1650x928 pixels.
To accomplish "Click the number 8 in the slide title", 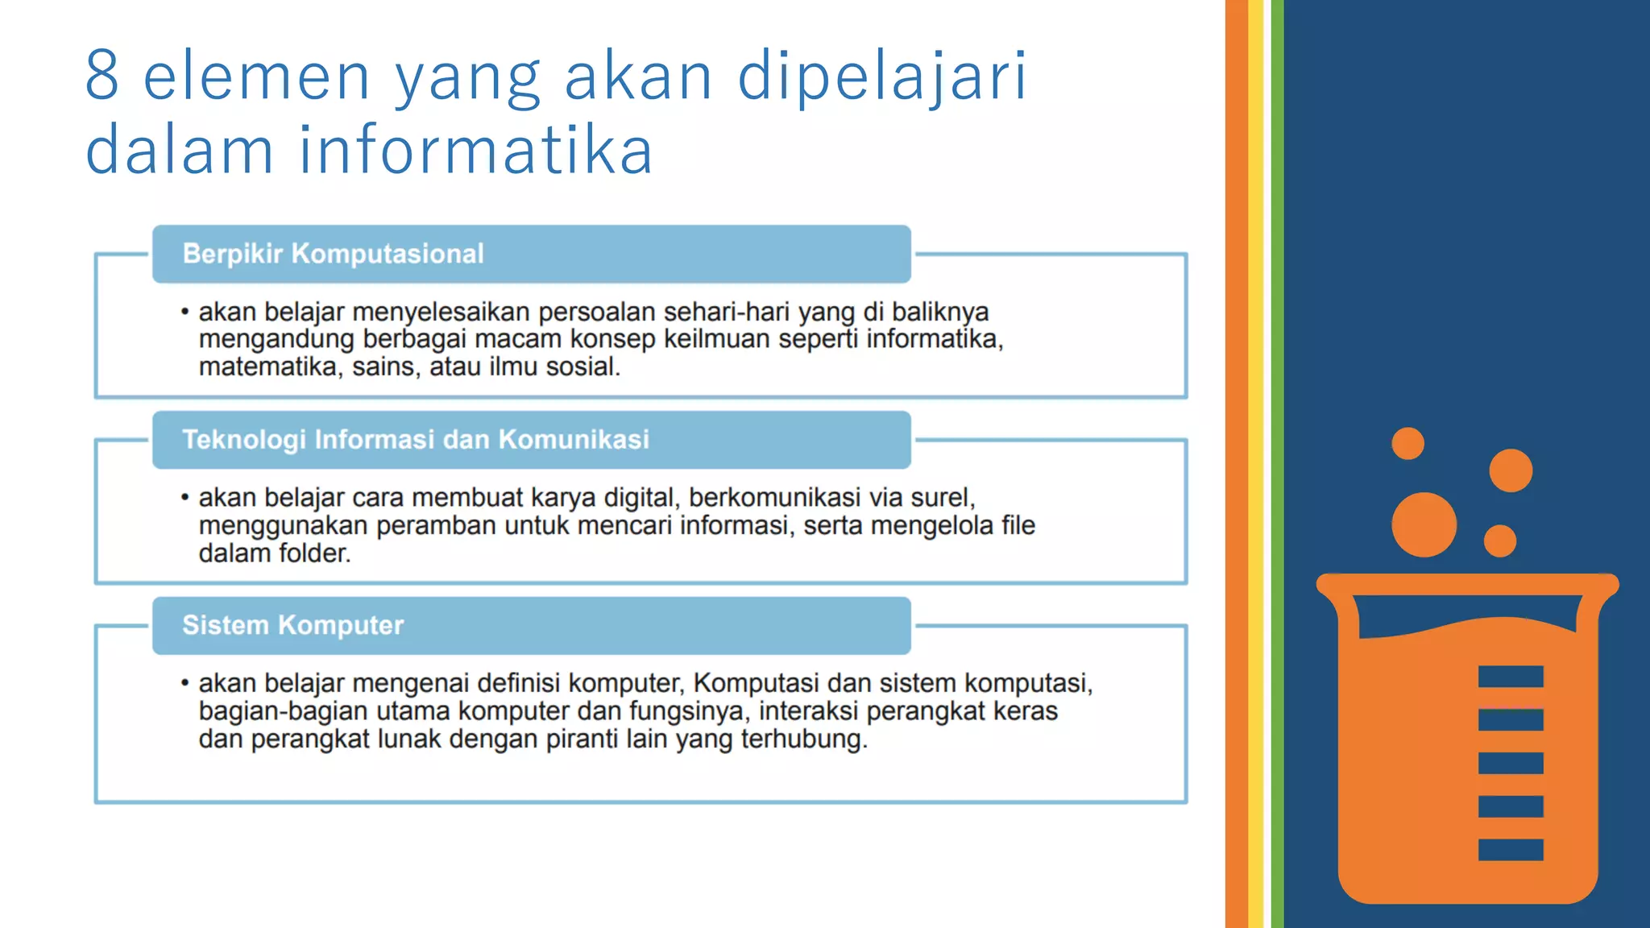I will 102,75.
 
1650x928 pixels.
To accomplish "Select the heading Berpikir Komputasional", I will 333,254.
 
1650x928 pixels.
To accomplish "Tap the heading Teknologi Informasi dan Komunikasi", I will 416,440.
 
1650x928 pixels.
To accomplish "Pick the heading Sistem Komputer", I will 292,625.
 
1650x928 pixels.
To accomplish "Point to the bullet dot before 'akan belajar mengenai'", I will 185,683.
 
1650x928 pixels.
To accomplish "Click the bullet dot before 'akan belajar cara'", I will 185,498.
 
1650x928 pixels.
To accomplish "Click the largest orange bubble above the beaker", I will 1424,524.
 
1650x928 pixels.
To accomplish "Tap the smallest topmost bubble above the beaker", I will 1407,443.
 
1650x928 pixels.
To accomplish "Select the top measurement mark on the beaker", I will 1511,677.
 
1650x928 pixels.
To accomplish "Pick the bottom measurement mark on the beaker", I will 1511,850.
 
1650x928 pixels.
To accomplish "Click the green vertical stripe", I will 1278,464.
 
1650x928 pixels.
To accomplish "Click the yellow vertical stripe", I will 1256,464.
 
